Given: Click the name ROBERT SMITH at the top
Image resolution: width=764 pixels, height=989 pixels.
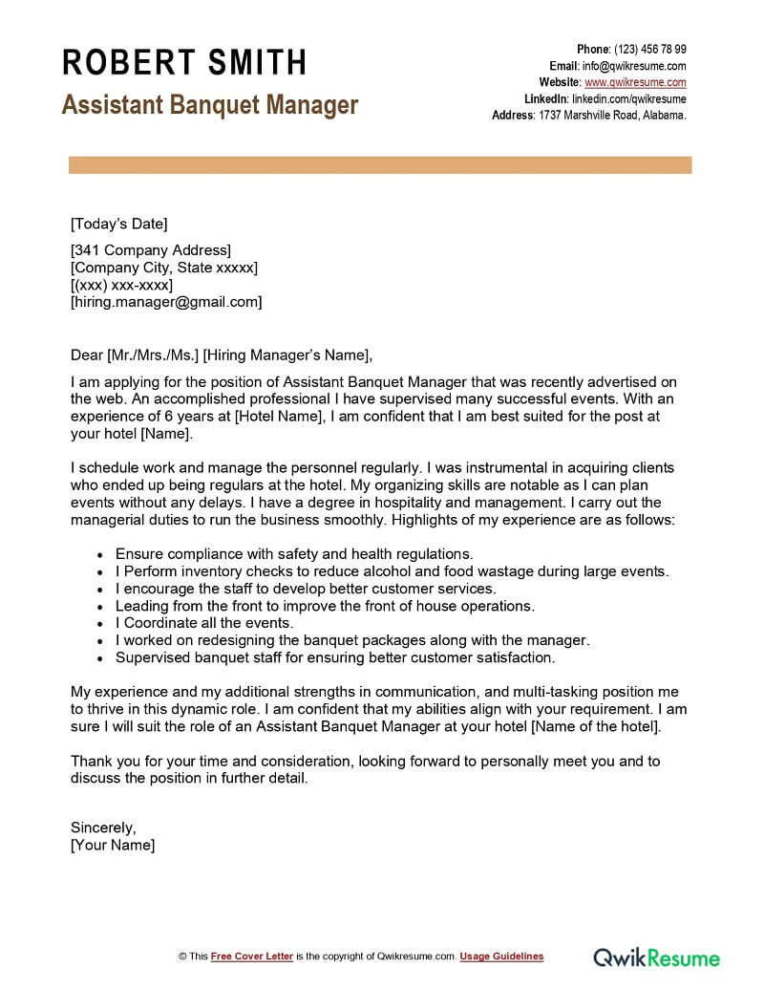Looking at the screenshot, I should tap(184, 63).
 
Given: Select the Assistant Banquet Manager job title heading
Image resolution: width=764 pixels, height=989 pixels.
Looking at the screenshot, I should tap(210, 104).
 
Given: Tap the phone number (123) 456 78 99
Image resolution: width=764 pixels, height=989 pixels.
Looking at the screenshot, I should tap(648, 50).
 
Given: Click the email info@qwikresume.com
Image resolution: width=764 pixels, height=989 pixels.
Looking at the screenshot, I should tap(634, 66).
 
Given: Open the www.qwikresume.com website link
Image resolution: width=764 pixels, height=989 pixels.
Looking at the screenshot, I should tap(635, 82).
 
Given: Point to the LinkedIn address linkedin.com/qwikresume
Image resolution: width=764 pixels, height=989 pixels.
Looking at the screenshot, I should tap(629, 98).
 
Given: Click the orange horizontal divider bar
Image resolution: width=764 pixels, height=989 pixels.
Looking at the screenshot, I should tap(380, 166).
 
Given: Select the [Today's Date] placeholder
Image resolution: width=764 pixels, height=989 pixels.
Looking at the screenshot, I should tap(118, 225).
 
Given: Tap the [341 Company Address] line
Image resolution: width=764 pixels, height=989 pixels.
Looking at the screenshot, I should tap(151, 250).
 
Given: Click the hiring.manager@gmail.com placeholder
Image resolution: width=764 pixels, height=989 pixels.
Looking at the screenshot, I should tap(166, 302).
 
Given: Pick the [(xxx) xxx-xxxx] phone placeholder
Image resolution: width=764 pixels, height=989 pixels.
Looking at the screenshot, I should tap(121, 285).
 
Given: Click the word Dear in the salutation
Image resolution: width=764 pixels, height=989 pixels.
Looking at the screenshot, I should tap(87, 355).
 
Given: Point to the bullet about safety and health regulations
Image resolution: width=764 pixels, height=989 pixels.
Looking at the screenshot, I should tap(294, 554).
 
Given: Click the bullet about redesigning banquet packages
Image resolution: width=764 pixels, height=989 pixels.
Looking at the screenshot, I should tap(352, 640).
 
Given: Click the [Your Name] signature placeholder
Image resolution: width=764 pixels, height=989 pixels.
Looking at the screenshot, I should tap(113, 845).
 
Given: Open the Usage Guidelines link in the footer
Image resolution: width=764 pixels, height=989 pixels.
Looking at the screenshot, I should tap(501, 957).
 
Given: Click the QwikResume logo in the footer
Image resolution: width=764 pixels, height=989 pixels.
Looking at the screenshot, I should tap(658, 957).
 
